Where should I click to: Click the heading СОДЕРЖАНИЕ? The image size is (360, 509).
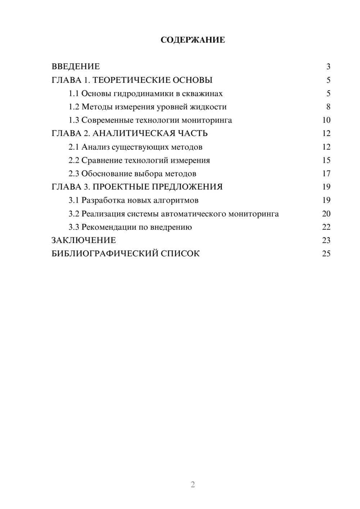click(x=193, y=40)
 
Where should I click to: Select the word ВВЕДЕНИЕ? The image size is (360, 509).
click(x=76, y=67)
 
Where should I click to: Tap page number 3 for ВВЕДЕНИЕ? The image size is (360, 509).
click(x=328, y=67)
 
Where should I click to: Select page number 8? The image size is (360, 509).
click(x=328, y=107)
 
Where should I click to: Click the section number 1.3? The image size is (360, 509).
click(x=74, y=120)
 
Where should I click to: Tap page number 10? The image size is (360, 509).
click(x=326, y=120)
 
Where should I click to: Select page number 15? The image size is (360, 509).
click(x=326, y=161)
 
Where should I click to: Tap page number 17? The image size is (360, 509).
click(x=326, y=174)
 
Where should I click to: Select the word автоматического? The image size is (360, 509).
click(x=193, y=214)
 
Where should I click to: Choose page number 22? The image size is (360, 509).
click(x=326, y=227)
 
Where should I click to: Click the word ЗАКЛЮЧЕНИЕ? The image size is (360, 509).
click(x=84, y=240)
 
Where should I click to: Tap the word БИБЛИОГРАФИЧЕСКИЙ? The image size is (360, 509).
click(x=105, y=254)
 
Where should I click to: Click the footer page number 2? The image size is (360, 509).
click(x=193, y=485)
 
